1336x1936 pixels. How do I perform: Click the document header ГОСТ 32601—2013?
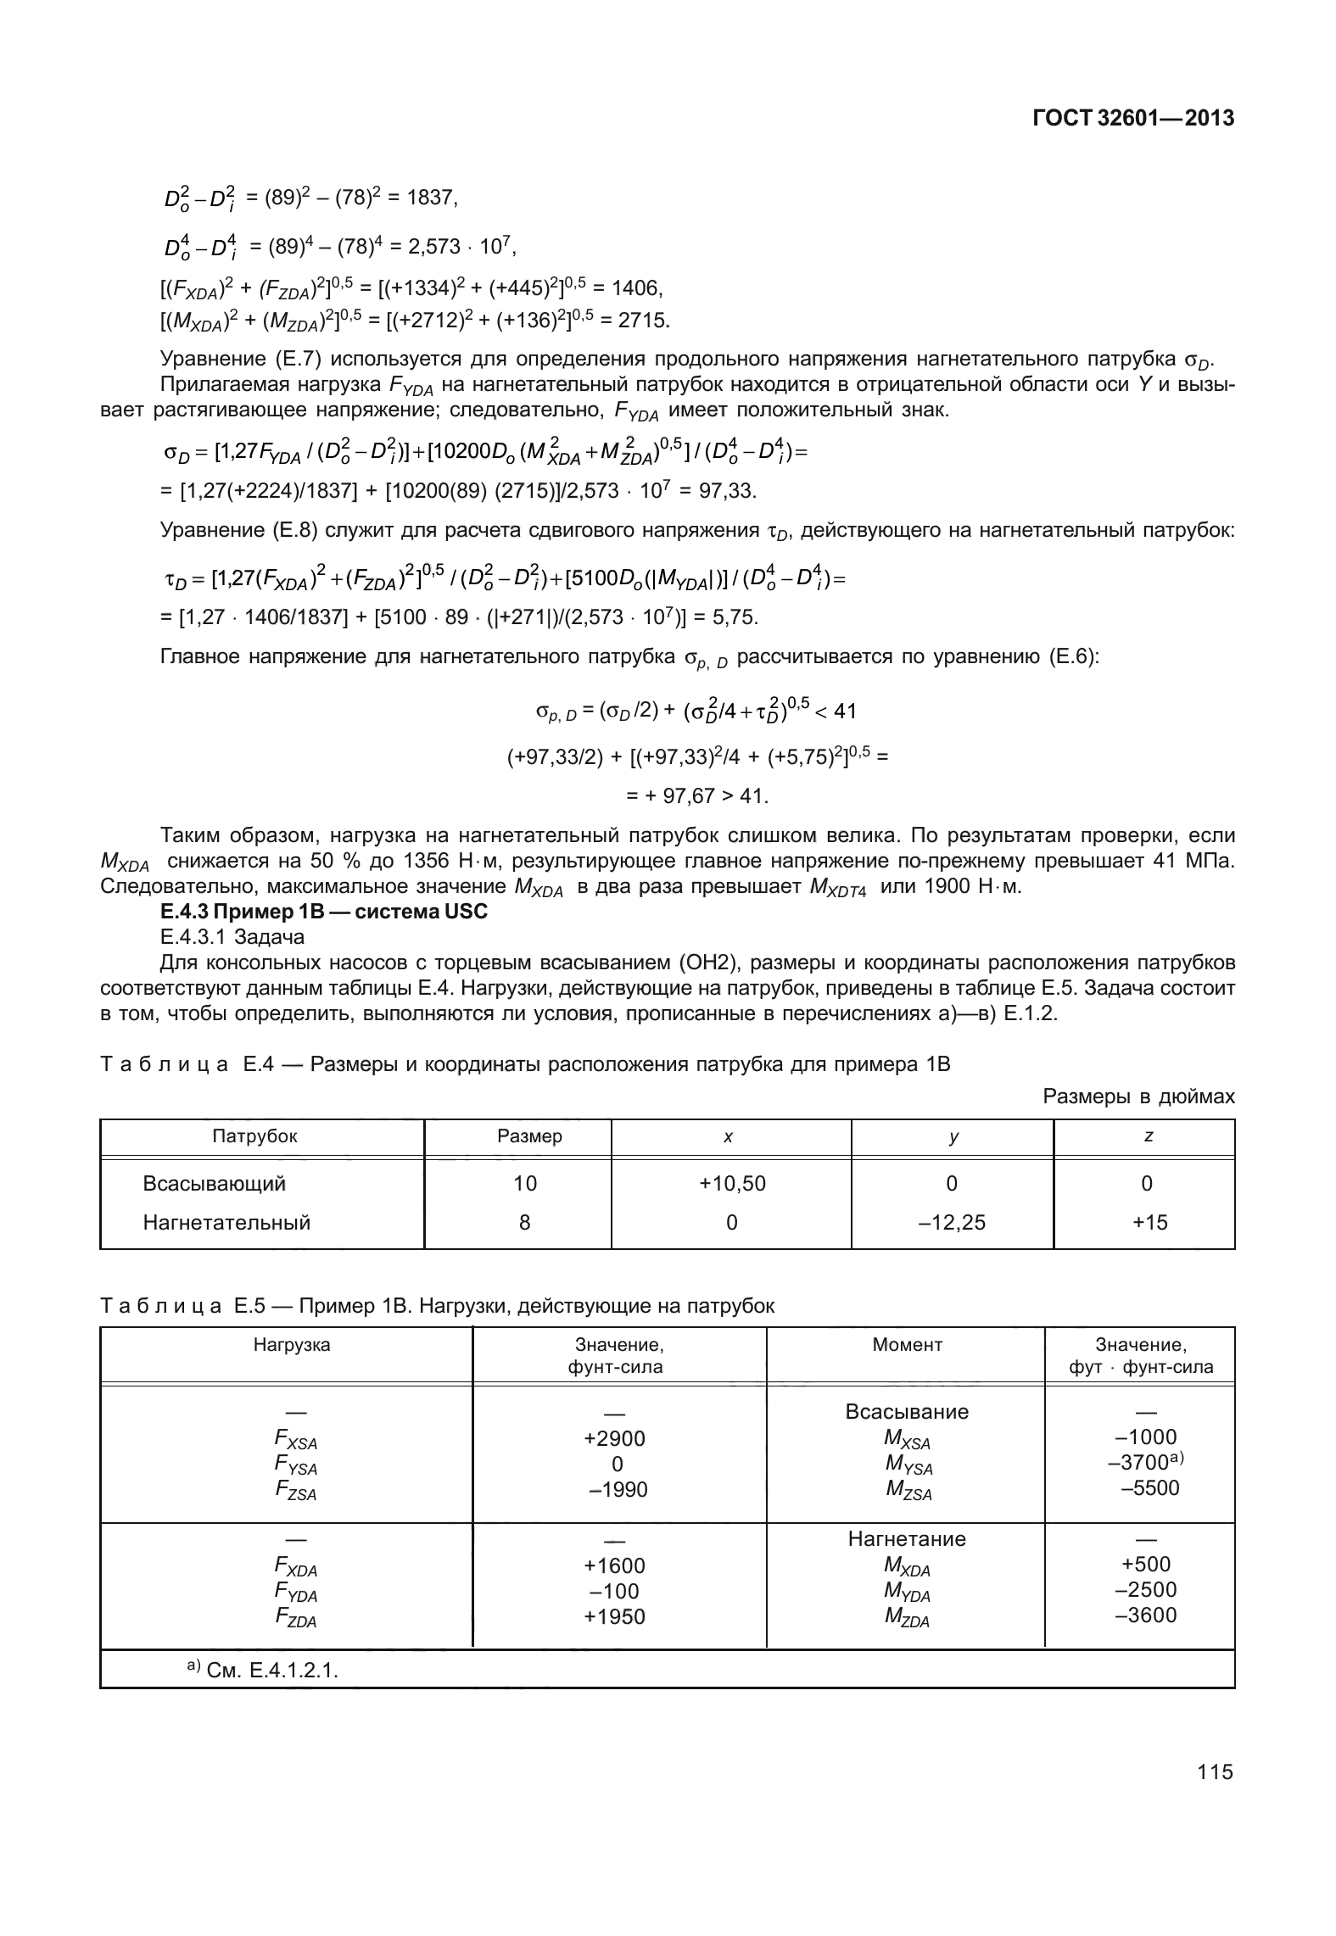[1132, 119]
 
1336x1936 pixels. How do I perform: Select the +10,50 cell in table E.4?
[731, 1183]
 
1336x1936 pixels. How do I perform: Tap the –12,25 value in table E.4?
[952, 1222]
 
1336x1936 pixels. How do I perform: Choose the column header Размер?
[529, 1135]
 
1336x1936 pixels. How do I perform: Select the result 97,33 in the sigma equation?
[731, 491]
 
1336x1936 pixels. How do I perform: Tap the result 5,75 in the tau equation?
[735, 617]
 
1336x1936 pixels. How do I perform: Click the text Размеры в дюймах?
[1138, 1096]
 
